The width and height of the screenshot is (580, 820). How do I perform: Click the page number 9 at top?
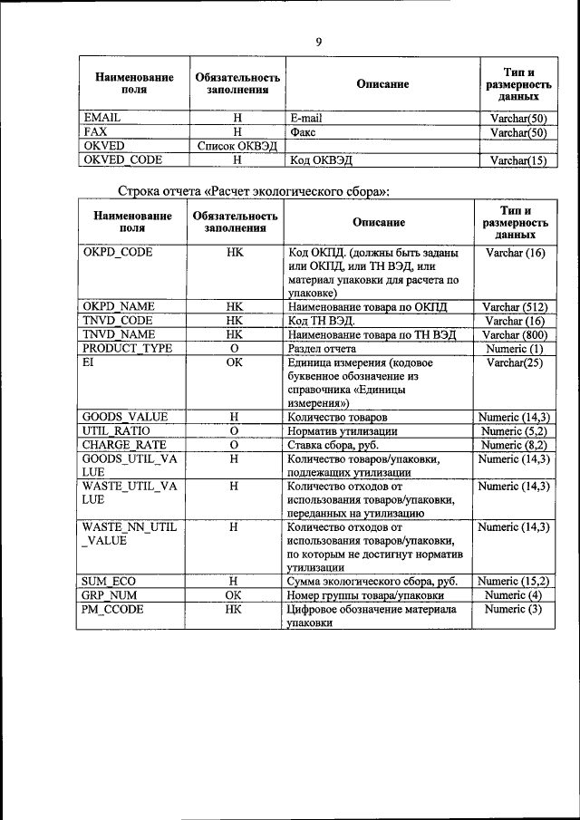318,41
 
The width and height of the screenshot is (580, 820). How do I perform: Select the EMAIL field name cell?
101,118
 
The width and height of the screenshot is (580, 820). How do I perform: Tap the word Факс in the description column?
302,132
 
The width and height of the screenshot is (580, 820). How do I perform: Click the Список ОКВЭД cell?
236,146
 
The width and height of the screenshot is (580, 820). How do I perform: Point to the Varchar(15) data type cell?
518,160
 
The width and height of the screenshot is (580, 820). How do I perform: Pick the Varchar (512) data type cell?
515,307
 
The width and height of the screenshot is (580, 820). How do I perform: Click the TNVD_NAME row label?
119,334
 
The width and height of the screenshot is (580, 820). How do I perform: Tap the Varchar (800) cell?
515,334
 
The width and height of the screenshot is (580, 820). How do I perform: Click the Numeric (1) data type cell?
515,348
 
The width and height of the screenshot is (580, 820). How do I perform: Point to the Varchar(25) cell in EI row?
515,362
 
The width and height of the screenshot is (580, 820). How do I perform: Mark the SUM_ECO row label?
109,582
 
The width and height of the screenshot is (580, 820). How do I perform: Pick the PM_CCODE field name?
113,610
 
